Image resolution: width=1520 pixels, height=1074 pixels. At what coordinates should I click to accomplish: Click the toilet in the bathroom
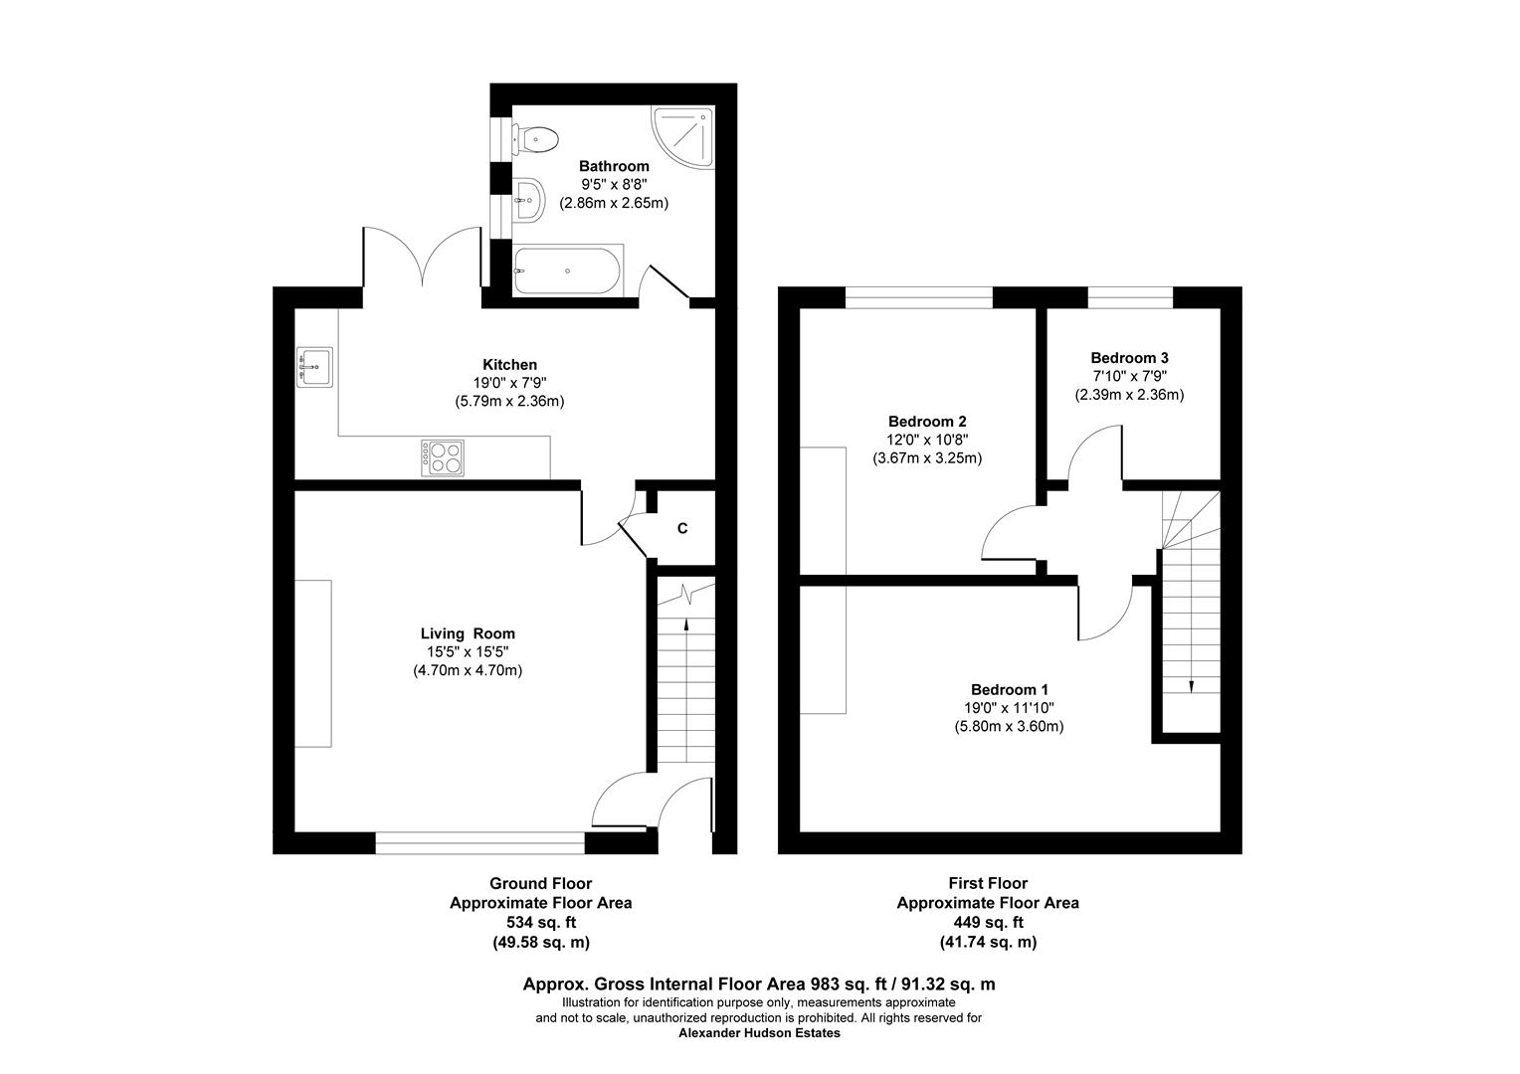click(x=534, y=138)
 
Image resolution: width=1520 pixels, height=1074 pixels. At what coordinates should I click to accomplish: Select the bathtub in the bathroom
click(x=567, y=269)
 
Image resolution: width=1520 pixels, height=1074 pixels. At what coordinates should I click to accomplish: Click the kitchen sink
click(x=314, y=367)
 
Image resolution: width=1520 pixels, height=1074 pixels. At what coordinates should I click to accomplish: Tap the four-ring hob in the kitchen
click(x=443, y=457)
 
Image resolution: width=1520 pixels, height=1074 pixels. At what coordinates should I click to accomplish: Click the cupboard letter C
click(x=682, y=529)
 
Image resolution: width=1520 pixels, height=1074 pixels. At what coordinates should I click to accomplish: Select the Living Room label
click(x=468, y=633)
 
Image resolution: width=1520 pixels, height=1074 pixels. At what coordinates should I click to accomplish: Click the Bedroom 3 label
click(x=1129, y=358)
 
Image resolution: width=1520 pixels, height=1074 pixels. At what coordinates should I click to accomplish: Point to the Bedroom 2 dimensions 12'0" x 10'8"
click(x=927, y=440)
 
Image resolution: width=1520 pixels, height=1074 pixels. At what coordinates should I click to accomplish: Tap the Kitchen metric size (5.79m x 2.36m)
click(x=503, y=402)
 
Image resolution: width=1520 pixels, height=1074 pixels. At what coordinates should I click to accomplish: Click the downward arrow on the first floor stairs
click(x=1191, y=683)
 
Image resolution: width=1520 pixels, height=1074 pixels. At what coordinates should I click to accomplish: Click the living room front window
click(x=479, y=843)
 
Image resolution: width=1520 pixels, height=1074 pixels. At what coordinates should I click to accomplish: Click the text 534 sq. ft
click(x=540, y=923)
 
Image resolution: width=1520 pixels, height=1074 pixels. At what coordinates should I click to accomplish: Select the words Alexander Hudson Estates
click(x=759, y=1033)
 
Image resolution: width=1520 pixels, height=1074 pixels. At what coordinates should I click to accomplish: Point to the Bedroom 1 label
click(x=1010, y=689)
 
